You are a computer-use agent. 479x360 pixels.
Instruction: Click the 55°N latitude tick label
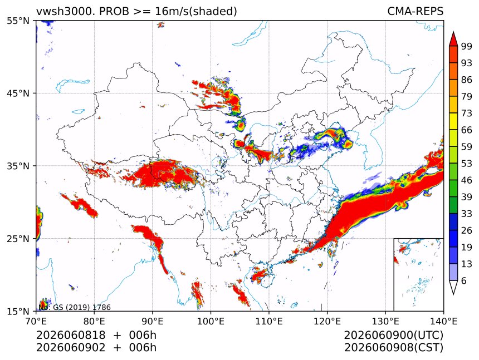tap(18, 21)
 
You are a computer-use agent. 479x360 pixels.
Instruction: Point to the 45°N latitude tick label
tap(18, 93)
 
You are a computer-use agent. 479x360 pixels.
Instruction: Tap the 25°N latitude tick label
tap(18, 239)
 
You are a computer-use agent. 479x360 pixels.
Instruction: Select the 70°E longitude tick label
tap(36, 321)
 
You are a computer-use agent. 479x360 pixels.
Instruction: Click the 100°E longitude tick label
tap(211, 321)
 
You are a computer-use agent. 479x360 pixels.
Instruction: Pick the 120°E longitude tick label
tap(327, 321)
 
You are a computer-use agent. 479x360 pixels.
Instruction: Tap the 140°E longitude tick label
tap(443, 321)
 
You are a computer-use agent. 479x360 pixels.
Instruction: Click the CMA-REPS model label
tap(415, 11)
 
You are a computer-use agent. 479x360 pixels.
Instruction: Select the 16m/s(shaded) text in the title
tap(196, 12)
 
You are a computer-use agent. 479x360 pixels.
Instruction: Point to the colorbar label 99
tap(467, 46)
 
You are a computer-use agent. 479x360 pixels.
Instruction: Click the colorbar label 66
tap(467, 130)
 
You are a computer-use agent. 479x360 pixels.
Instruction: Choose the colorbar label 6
tap(464, 280)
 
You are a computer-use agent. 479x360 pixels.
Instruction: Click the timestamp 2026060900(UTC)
tap(393, 336)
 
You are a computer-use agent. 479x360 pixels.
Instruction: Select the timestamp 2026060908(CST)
tap(393, 348)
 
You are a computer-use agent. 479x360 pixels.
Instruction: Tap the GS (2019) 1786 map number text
tap(82, 307)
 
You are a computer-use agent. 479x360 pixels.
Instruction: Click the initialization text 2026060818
tap(71, 336)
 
